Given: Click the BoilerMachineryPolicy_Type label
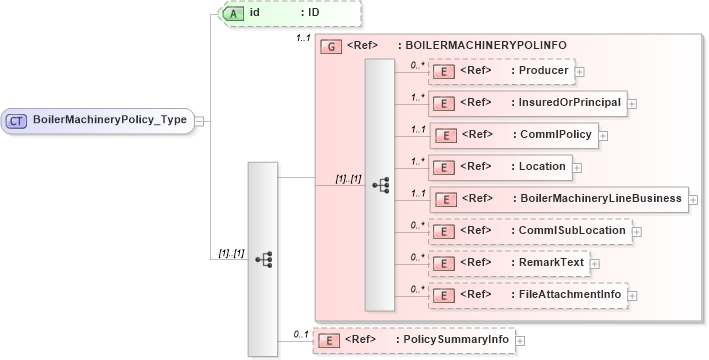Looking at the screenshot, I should (x=110, y=120).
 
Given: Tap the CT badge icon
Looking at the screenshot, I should (x=17, y=120).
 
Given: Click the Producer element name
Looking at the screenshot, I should (x=540, y=71).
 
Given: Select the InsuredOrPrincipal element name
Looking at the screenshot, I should (x=566, y=102).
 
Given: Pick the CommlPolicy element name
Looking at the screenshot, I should (x=553, y=134).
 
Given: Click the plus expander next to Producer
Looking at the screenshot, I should (x=580, y=71).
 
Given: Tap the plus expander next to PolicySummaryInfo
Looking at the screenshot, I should (x=522, y=341).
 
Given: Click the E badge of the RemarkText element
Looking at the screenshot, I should (x=443, y=263).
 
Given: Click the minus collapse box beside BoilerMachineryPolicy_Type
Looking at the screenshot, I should (x=200, y=121).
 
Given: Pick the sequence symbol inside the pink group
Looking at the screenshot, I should (x=380, y=186).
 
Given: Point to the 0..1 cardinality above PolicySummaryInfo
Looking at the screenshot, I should (x=300, y=333).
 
